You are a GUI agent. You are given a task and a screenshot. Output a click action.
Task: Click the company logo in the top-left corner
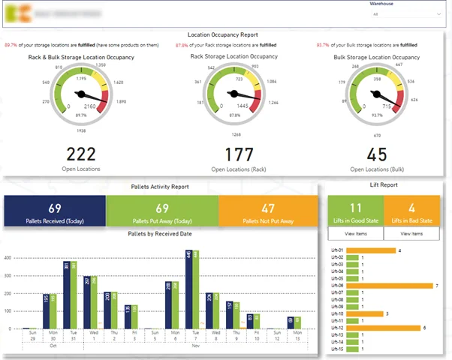click(x=16, y=14)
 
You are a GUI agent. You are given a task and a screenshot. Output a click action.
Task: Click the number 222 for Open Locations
click(x=81, y=154)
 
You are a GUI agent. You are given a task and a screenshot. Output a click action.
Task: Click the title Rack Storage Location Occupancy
click(x=234, y=55)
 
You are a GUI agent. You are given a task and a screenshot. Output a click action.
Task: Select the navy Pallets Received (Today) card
click(x=54, y=211)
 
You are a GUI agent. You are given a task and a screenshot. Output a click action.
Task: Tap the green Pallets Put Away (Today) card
click(x=161, y=211)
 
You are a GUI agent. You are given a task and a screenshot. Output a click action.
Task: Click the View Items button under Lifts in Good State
click(x=355, y=234)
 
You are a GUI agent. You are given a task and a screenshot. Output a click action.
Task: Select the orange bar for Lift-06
click(x=396, y=286)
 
